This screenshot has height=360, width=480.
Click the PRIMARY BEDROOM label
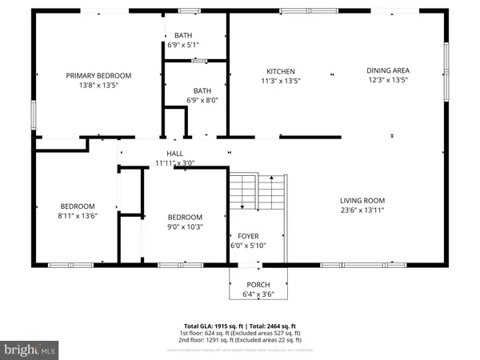98,75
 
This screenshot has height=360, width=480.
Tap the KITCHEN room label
281,70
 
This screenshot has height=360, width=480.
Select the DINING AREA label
388,70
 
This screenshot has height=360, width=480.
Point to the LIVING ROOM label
362,201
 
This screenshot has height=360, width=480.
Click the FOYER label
247,236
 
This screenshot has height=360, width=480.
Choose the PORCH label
258,285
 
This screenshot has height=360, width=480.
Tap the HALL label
174,154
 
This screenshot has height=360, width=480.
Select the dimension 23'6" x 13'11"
362,210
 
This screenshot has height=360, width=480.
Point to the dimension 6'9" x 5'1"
182,46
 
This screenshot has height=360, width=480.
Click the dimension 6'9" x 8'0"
202,100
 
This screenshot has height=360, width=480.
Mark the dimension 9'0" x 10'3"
185,226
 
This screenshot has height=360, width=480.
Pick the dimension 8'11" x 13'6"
77,215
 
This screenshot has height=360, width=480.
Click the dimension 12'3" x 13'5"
388,80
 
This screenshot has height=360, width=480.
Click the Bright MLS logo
30,350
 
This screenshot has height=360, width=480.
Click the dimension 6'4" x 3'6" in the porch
258,294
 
